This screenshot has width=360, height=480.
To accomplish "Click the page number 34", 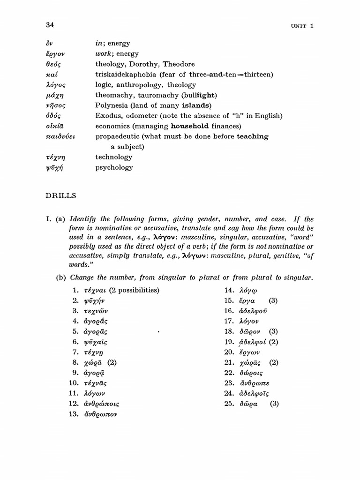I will point(51,25).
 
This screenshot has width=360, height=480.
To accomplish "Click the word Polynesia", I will point(111,105).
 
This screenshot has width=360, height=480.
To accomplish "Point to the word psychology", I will point(114,167).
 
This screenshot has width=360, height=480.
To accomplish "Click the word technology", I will point(114,157).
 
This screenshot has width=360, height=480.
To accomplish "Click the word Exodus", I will point(107,116).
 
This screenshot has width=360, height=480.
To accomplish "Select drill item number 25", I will point(229,404).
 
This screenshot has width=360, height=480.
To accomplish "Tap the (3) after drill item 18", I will point(274,331).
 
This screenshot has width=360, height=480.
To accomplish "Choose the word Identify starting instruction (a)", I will point(84,219).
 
